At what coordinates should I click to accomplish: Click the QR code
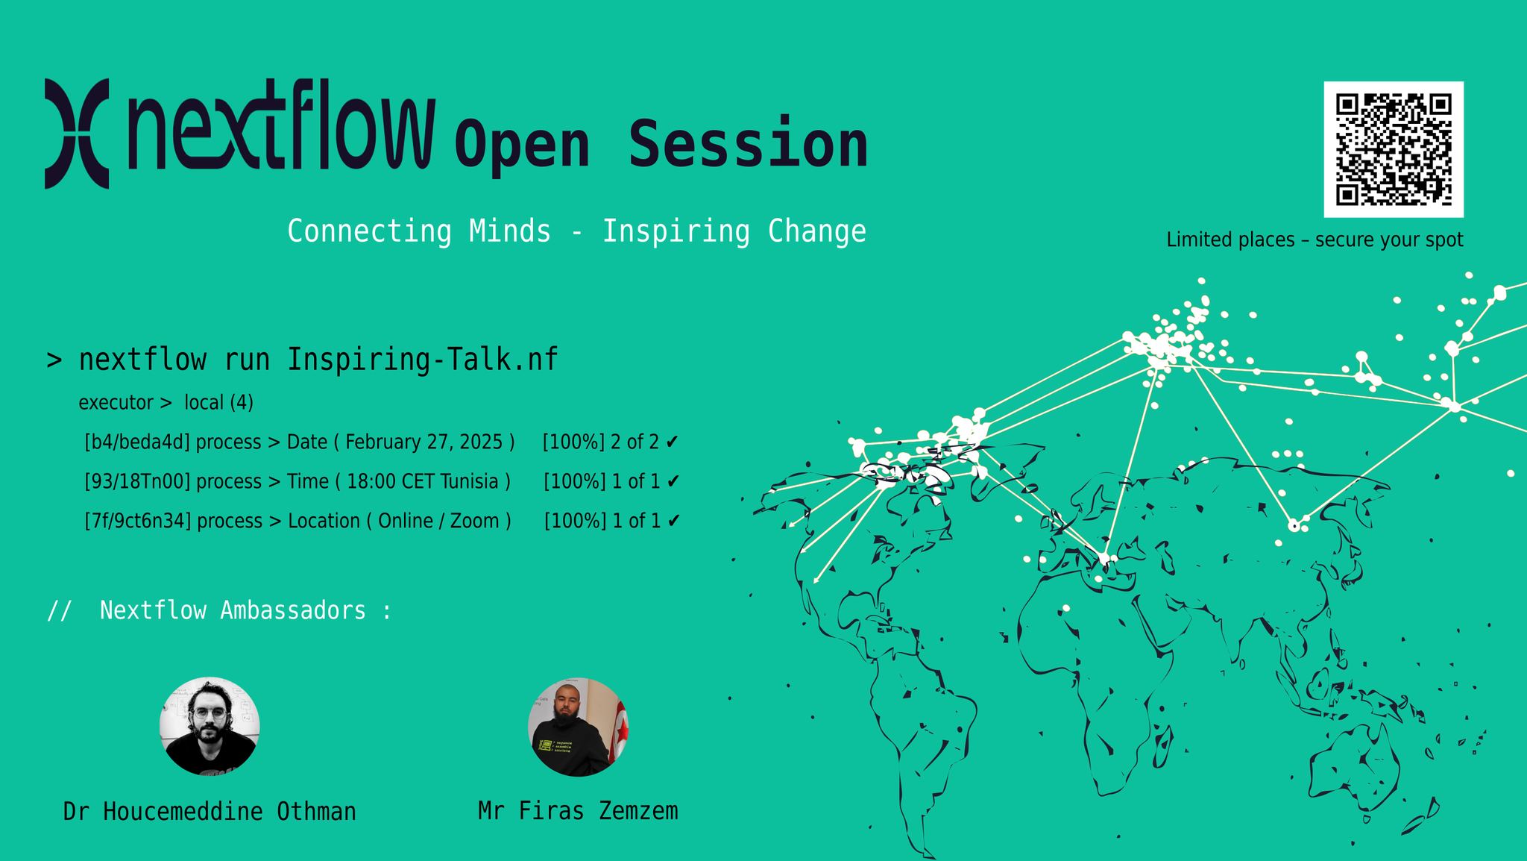(x=1393, y=149)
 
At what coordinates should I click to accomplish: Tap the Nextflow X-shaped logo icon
(x=77, y=134)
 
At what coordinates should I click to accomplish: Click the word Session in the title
(x=748, y=144)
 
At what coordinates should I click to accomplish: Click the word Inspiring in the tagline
(x=676, y=231)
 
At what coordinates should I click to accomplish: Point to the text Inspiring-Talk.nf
(x=422, y=360)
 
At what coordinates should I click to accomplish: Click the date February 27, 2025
(x=424, y=442)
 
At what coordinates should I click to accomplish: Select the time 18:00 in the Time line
(x=371, y=482)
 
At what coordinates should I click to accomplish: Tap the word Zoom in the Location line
(x=474, y=521)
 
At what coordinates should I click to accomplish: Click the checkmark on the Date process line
(x=672, y=442)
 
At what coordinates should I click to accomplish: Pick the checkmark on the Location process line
(x=674, y=521)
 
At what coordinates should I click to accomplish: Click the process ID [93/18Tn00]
(x=137, y=482)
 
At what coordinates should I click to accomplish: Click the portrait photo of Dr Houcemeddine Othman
(x=210, y=726)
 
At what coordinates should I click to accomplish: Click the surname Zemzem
(x=638, y=811)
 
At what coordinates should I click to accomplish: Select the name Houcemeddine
(x=183, y=812)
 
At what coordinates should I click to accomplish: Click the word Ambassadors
(x=293, y=610)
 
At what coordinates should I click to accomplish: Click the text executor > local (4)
(x=166, y=403)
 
